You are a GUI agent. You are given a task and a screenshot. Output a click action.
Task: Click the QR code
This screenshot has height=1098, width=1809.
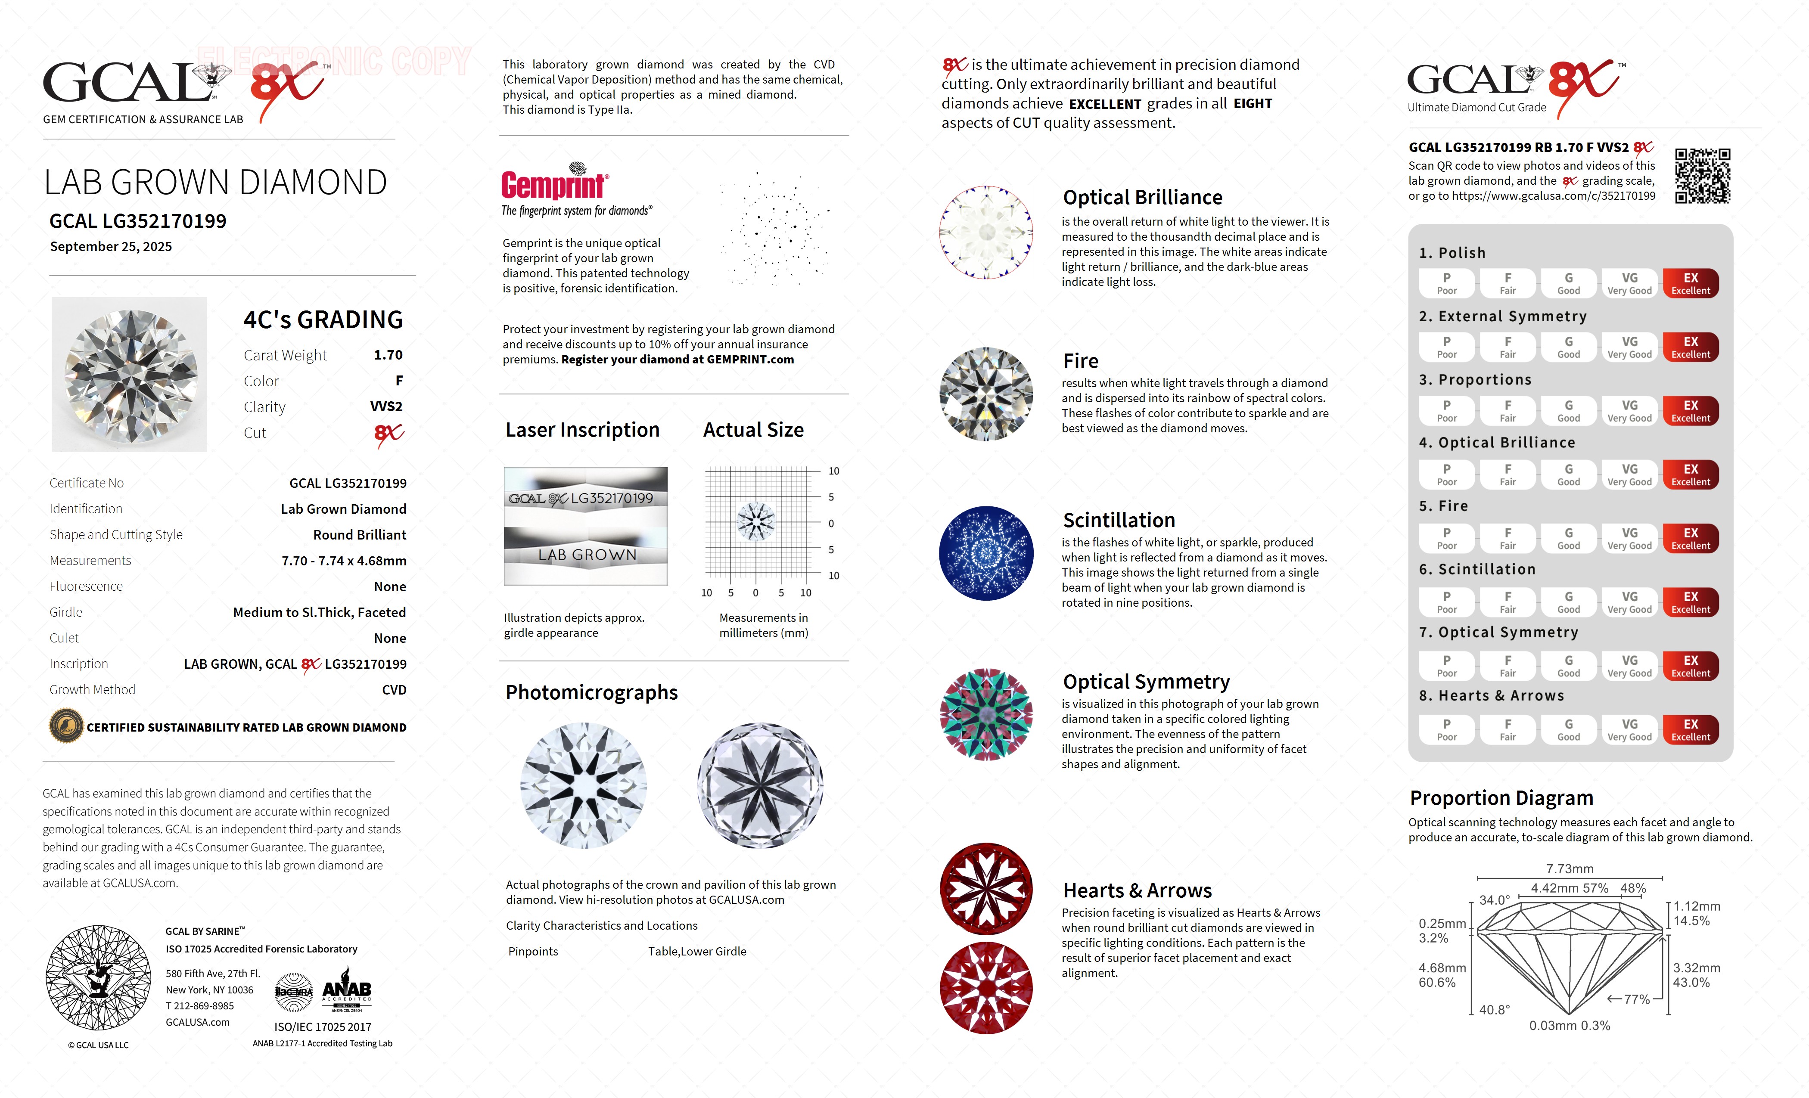(1702, 176)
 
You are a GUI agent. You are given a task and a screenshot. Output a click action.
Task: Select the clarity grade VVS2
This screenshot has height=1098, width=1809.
(386, 406)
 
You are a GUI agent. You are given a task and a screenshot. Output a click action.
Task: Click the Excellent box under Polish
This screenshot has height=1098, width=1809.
(1690, 283)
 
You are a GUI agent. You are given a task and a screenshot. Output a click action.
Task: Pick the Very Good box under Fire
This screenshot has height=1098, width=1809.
(1629, 538)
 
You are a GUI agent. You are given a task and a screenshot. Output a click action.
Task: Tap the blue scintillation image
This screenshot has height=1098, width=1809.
(986, 553)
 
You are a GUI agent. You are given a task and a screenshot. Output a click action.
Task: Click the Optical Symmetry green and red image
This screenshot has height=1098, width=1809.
(986, 714)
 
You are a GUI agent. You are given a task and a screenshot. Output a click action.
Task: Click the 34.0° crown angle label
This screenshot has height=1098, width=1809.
(1494, 900)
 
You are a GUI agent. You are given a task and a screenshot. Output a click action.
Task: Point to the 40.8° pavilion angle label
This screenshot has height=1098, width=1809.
(1494, 1010)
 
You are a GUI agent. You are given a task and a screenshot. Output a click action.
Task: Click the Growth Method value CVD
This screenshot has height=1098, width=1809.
(394, 690)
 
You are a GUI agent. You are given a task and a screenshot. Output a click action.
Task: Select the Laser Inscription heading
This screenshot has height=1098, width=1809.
(582, 430)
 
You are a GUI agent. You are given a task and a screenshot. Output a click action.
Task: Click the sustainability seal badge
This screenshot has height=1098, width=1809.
(65, 727)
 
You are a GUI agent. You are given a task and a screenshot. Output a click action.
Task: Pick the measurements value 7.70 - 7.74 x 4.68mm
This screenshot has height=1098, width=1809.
(344, 561)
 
